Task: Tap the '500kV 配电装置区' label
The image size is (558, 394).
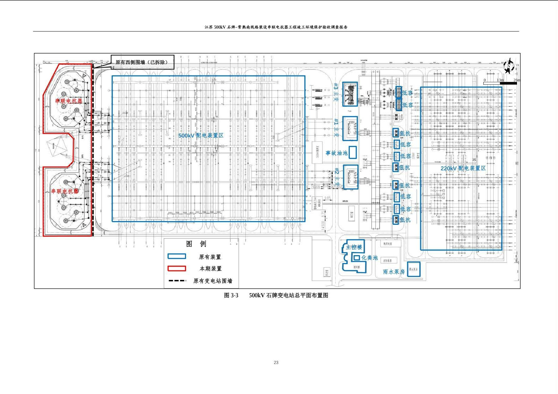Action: click(201, 135)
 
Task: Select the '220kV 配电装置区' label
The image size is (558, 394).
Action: click(463, 168)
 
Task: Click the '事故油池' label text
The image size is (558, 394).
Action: click(337, 153)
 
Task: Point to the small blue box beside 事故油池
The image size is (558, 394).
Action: click(353, 152)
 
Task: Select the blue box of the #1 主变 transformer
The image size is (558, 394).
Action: click(350, 129)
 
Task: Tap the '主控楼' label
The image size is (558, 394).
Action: click(354, 247)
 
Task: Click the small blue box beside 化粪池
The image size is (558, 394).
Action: click(356, 258)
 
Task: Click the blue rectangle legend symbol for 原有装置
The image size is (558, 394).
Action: click(177, 257)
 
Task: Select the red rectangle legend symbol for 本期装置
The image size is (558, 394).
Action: click(177, 268)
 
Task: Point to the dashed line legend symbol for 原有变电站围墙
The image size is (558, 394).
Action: click(177, 281)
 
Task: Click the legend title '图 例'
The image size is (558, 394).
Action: click(196, 244)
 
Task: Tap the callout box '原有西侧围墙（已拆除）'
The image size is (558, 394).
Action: click(142, 62)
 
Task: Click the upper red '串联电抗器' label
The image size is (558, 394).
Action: click(69, 101)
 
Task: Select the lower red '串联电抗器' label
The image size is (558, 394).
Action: click(65, 191)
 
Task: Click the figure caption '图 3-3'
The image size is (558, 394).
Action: click(231, 295)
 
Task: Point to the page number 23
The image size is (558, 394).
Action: click(276, 362)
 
